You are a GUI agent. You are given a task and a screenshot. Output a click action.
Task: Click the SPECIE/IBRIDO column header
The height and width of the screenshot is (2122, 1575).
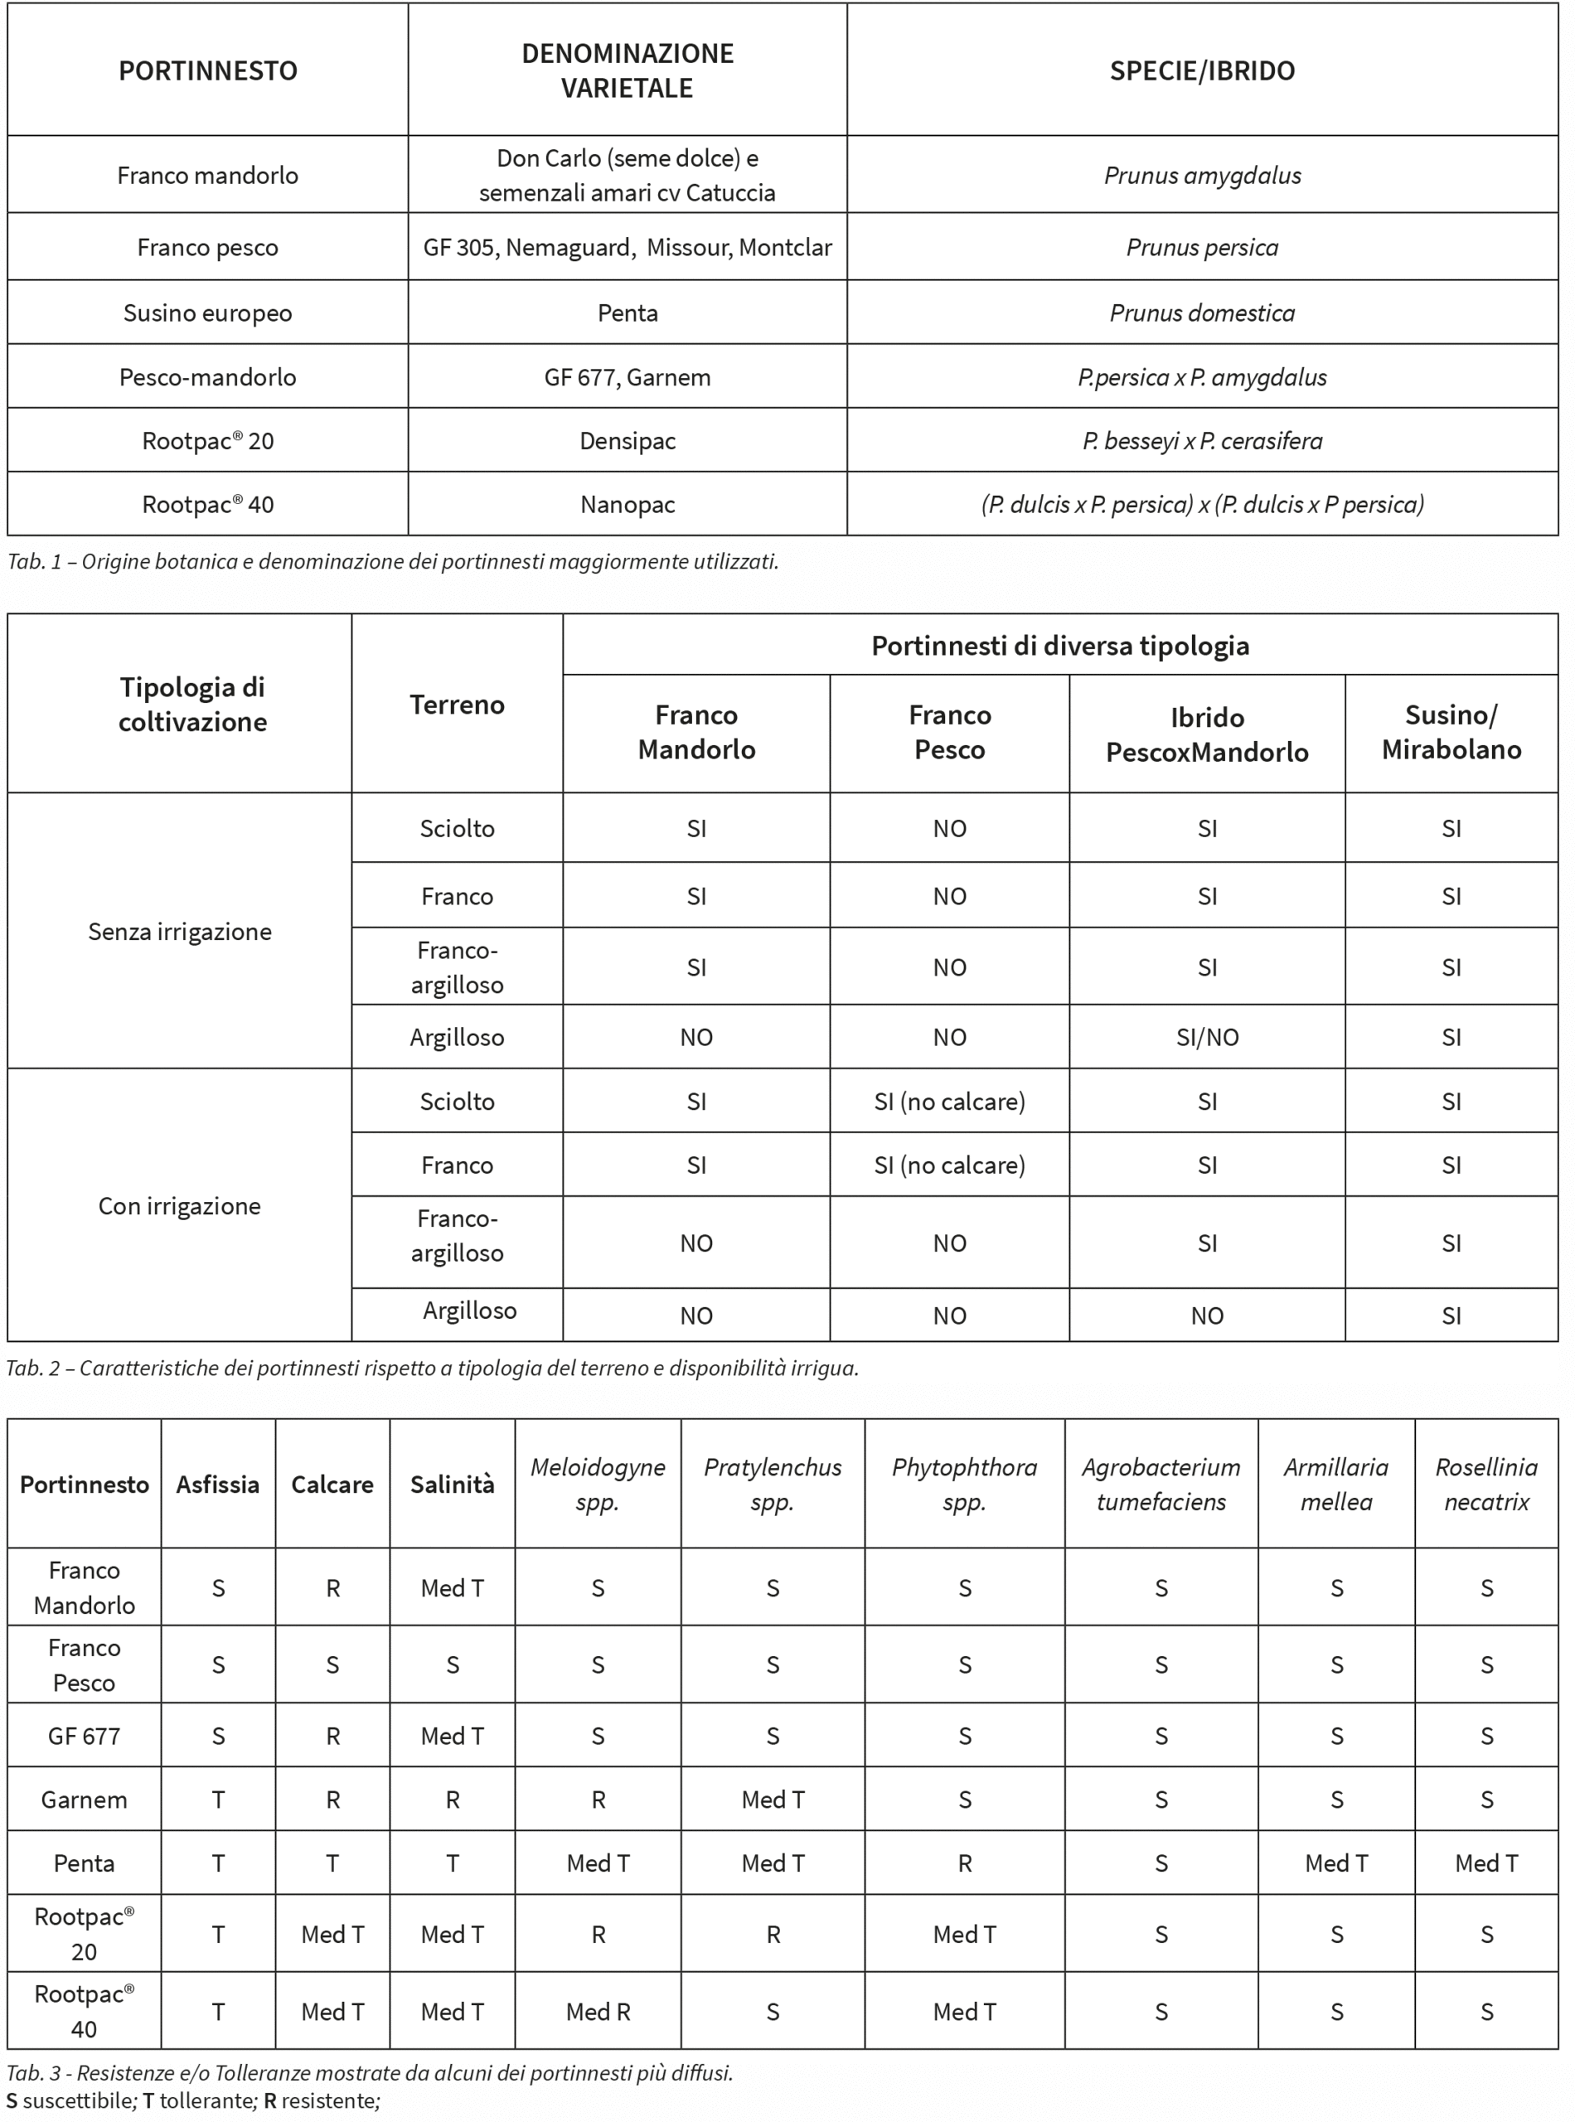point(1201,70)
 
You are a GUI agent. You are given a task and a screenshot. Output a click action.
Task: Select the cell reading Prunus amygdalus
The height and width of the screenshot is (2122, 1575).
point(1201,176)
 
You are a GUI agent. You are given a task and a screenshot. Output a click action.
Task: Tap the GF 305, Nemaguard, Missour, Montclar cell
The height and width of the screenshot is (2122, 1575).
point(628,248)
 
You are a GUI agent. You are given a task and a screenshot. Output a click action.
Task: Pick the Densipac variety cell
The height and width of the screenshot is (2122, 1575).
point(628,441)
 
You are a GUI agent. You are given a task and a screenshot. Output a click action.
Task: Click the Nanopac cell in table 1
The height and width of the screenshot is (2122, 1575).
point(628,504)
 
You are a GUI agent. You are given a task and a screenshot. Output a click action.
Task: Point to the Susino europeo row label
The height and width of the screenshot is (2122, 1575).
point(207,312)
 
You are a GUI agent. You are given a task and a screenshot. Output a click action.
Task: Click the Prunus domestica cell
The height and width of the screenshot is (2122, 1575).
point(1201,312)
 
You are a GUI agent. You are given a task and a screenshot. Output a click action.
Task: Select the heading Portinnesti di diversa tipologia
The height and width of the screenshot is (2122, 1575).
point(1059,646)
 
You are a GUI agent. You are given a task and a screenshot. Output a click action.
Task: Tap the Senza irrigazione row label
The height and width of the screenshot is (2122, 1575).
point(179,932)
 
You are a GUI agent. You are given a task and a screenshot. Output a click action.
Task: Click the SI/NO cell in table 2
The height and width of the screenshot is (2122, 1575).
point(1207,1037)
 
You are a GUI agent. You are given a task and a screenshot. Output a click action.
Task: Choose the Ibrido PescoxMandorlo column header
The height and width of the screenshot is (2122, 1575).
point(1207,734)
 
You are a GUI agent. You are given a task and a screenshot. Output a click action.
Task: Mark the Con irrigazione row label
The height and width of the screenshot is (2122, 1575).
point(179,1206)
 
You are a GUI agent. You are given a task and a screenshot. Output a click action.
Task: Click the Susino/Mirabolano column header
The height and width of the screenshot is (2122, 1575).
point(1451,732)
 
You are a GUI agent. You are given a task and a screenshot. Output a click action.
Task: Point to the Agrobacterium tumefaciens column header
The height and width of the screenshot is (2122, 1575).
point(1161,1485)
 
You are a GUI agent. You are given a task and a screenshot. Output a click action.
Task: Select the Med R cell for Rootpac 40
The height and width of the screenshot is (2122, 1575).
point(598,2012)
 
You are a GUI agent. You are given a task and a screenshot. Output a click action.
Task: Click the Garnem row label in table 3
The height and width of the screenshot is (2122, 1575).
point(84,1800)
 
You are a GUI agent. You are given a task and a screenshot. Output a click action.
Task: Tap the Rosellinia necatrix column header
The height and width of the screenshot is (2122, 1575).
point(1485,1485)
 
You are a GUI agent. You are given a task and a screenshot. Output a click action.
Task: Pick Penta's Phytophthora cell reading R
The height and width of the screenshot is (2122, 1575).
point(965,1863)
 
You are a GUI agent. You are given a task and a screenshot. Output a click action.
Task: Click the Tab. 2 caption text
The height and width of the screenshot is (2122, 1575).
point(432,1368)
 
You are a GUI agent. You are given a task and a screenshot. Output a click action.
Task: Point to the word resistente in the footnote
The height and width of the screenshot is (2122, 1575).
point(328,2100)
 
